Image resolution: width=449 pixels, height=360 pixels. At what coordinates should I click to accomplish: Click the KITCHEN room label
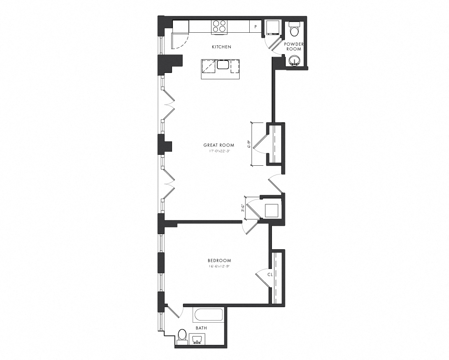[221, 47]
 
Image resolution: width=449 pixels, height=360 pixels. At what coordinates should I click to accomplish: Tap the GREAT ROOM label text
[219, 145]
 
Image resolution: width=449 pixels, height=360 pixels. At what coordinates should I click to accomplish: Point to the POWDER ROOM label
[294, 47]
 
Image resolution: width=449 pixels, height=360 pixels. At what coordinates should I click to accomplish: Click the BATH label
[201, 328]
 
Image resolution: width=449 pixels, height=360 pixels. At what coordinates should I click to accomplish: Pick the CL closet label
[270, 274]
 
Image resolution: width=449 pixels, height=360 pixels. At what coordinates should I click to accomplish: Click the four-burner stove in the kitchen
[219, 26]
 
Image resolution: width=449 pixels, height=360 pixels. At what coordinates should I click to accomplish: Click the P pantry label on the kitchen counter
[255, 27]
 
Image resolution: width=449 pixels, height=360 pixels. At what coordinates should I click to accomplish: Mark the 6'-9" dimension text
[249, 144]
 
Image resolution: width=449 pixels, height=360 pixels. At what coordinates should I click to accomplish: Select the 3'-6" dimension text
[243, 208]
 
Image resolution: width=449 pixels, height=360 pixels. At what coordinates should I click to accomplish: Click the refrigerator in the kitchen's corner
[180, 27]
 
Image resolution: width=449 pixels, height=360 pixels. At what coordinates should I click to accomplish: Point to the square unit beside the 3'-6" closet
[271, 210]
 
